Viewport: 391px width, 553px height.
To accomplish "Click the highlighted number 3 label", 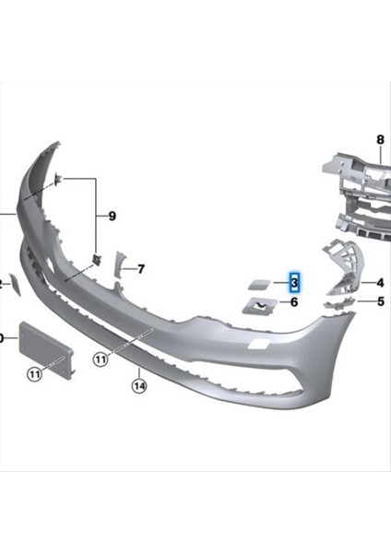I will tap(294, 281).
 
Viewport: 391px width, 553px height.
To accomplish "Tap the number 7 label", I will tap(141, 269).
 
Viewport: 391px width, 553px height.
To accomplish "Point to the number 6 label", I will tap(294, 301).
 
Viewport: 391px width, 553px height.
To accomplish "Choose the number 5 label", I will tap(379, 300).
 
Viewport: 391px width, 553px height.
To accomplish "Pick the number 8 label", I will tap(378, 140).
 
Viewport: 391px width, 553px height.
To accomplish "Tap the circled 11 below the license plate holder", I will tap(34, 373).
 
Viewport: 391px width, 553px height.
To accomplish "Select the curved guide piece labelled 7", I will tap(117, 266).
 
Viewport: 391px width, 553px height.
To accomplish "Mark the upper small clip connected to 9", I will tap(57, 180).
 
